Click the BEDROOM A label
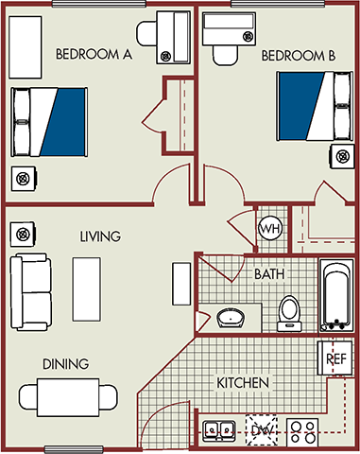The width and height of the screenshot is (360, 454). (93, 54)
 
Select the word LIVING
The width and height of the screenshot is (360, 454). (99, 236)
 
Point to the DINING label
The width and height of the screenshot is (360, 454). (65, 363)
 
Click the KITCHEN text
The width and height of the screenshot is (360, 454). (244, 383)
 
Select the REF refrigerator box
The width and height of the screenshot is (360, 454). (334, 358)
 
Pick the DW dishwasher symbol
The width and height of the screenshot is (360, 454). (260, 430)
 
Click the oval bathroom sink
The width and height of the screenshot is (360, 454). (231, 318)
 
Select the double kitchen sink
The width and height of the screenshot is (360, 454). (219, 431)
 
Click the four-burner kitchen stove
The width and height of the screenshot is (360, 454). (303, 431)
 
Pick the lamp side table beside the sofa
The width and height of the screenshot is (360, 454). (23, 233)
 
